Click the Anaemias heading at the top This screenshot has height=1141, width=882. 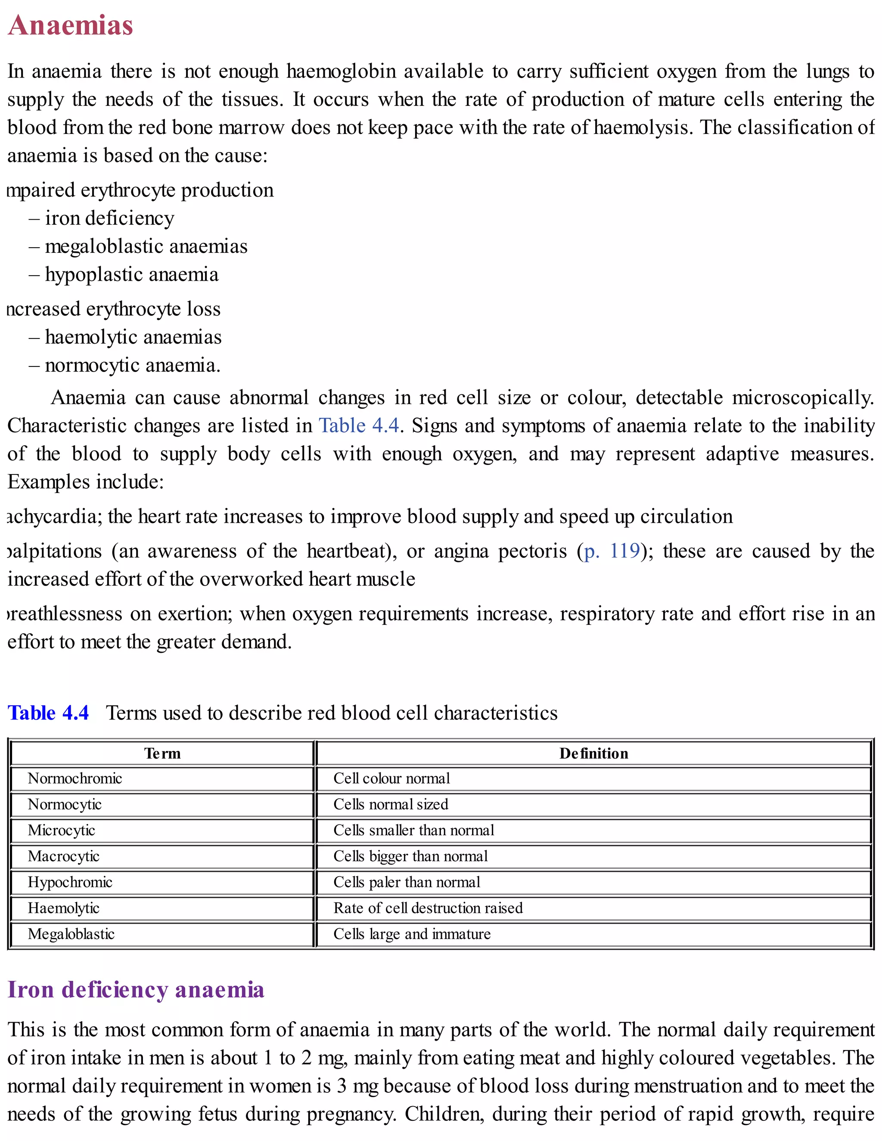71,25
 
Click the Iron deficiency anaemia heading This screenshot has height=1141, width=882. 136,989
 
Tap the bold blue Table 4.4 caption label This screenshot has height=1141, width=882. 48,713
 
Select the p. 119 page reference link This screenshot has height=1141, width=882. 612,551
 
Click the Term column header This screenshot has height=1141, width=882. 162,753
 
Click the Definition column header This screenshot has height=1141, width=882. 593,753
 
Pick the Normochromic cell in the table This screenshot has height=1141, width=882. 75,778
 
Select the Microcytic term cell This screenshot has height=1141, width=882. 61,830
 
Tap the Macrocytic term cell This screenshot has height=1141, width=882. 63,856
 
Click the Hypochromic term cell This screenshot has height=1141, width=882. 70,882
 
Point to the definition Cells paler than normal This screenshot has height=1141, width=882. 407,882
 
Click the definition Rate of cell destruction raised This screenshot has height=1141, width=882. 428,908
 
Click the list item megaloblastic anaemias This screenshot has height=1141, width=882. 146,247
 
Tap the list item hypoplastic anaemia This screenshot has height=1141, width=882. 131,275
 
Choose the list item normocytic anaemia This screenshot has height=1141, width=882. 132,365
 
